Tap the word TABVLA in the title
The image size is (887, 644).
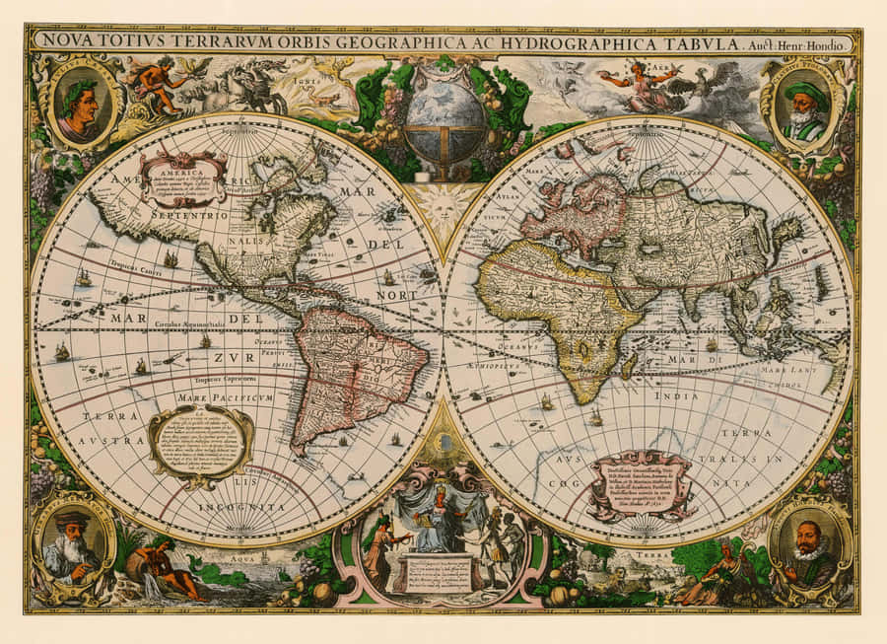click(693, 42)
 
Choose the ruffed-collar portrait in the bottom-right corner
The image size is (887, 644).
click(809, 545)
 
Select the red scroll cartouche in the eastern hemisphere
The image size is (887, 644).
click(641, 484)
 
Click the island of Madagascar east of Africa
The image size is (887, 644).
click(629, 365)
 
